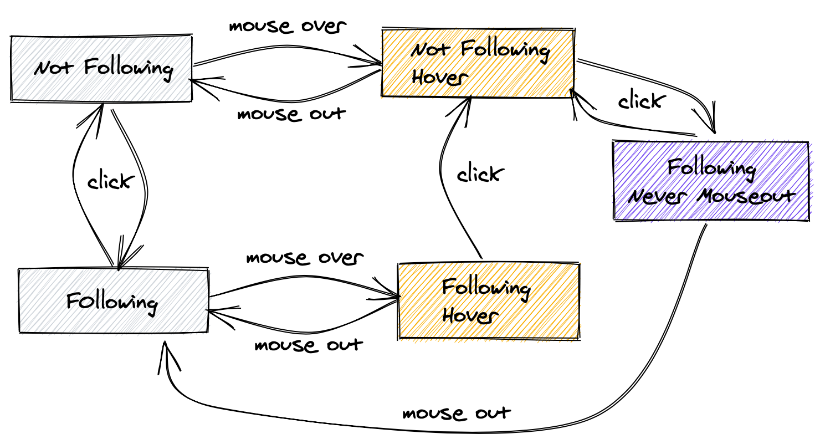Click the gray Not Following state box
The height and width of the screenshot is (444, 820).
click(x=101, y=69)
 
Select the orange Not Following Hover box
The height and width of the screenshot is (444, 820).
click(x=478, y=63)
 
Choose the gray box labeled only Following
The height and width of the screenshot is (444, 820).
click(x=113, y=301)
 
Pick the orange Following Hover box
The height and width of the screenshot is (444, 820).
click(x=488, y=301)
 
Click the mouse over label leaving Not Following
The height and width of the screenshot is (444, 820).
click(x=288, y=26)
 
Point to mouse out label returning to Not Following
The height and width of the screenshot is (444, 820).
click(x=291, y=114)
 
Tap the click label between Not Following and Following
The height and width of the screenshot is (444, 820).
click(x=111, y=181)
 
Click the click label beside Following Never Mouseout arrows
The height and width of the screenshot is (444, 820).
click(x=640, y=101)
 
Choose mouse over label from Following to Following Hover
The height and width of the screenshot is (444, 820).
click(x=305, y=258)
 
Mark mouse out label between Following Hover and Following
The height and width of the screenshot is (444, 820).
click(x=309, y=345)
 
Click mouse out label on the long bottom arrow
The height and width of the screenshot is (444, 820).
click(x=457, y=414)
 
